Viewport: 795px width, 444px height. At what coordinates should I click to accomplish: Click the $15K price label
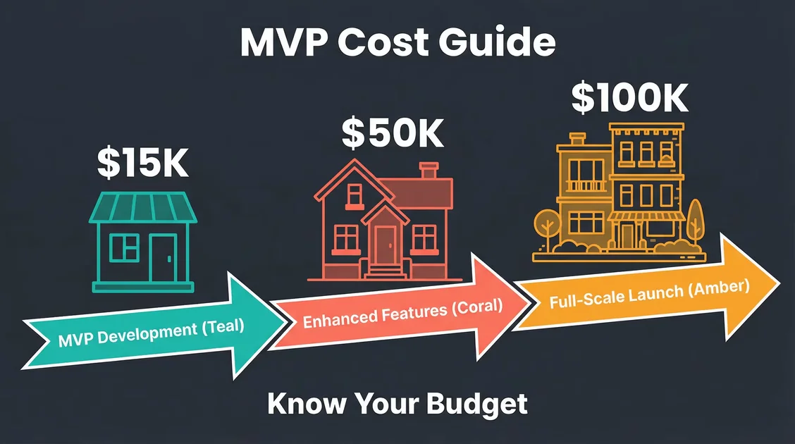click(142, 163)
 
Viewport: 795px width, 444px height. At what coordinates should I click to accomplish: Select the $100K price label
click(629, 98)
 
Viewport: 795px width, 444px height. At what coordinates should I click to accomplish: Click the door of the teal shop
click(164, 258)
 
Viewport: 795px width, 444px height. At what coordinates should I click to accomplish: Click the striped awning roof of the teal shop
click(144, 207)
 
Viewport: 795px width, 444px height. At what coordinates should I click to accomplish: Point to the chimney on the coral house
click(428, 171)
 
